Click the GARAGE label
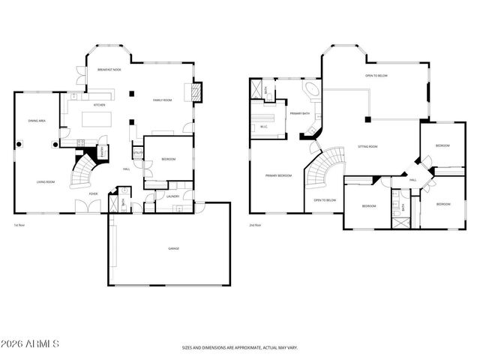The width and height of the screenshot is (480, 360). tap(168, 248)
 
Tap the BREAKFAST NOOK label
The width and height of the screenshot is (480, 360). tap(110, 69)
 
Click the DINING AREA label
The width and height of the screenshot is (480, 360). tap(38, 120)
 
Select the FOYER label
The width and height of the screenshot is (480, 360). tap(94, 193)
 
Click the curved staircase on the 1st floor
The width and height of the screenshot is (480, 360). tap(82, 174)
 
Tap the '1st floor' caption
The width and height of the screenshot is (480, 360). tap(20, 225)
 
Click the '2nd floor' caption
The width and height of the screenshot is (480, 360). tap(256, 225)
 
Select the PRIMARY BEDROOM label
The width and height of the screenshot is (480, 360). tap(278, 175)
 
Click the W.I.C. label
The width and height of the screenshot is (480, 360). tap(264, 126)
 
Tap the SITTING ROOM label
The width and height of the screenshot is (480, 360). tap(367, 147)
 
